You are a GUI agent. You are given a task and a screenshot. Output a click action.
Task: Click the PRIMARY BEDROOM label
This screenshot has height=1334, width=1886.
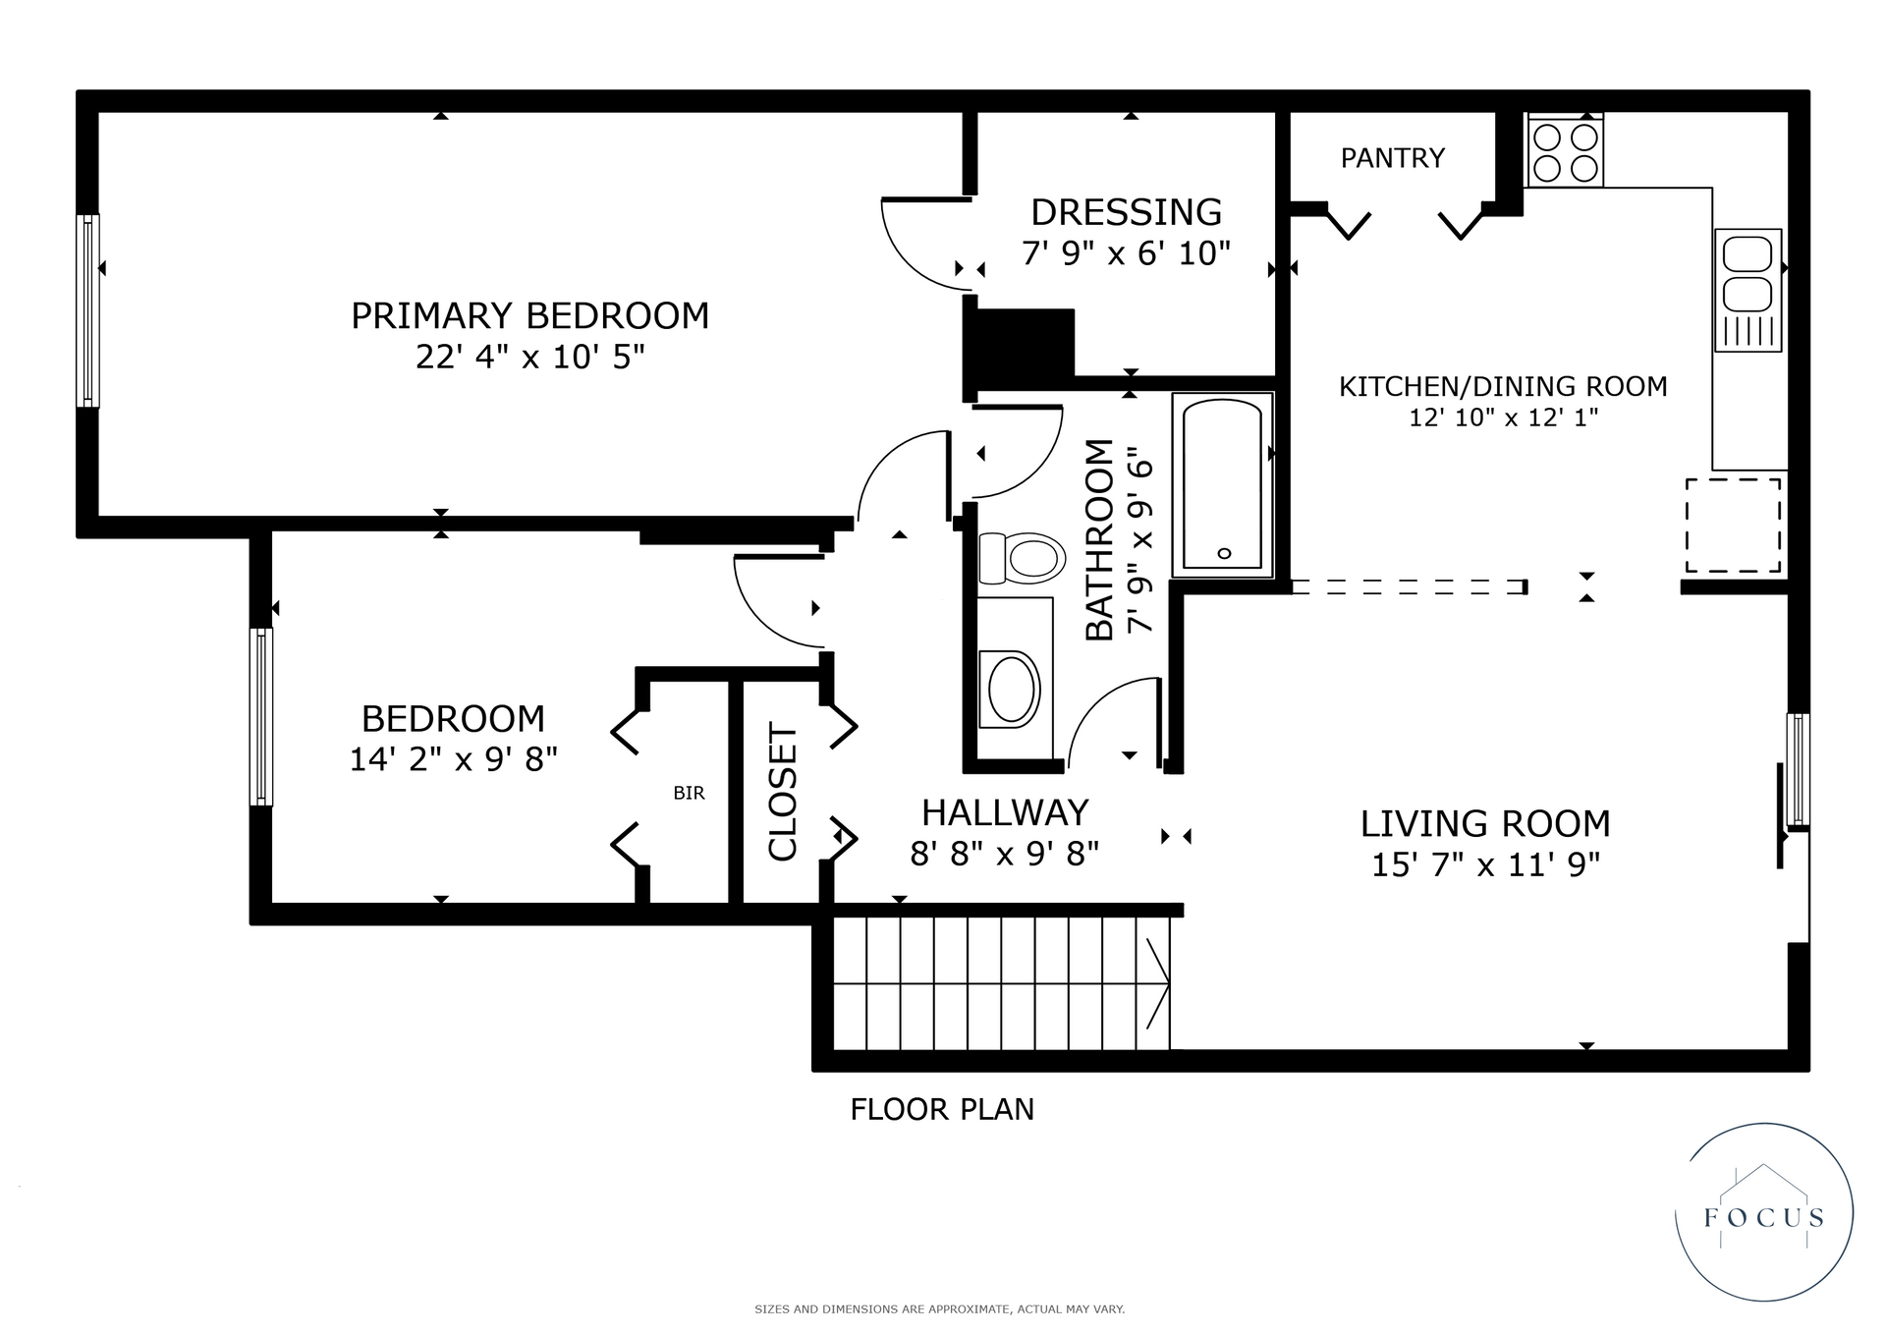tap(530, 316)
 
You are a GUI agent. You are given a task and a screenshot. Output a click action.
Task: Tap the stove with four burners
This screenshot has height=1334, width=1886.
tap(1565, 150)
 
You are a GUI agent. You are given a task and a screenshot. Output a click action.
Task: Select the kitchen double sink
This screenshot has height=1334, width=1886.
tap(1748, 290)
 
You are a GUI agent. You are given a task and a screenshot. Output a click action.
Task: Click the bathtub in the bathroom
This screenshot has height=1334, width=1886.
tap(1223, 484)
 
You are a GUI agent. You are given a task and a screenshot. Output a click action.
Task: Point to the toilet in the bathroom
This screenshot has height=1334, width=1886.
tap(1023, 558)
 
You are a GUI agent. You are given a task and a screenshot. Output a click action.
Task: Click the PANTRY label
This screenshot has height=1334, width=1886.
tap(1393, 158)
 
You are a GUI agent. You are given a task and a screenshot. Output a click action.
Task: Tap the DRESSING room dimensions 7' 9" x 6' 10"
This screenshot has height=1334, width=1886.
tap(1127, 253)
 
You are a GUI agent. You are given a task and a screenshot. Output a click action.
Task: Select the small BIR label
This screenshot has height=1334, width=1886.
tap(690, 793)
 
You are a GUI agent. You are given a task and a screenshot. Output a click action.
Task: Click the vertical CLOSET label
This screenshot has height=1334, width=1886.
tap(783, 792)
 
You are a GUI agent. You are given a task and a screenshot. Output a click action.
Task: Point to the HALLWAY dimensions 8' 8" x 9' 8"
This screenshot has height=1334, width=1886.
tap(1005, 855)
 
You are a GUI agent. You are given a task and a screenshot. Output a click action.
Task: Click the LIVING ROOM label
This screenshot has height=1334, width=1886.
tap(1485, 823)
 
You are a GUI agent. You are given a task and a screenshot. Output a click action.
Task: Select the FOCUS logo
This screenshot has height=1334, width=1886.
tap(1764, 1212)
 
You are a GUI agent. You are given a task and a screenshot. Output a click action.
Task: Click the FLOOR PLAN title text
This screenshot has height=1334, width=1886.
tap(942, 1109)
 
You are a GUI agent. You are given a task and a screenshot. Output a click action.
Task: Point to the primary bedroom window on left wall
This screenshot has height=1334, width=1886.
tap(88, 310)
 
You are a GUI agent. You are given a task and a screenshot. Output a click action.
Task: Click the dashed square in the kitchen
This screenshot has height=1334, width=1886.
tap(1734, 526)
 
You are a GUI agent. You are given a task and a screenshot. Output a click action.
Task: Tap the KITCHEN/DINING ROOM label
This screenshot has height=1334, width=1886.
tap(1504, 387)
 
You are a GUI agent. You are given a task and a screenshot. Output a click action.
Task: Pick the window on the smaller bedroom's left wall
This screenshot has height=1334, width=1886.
tap(261, 717)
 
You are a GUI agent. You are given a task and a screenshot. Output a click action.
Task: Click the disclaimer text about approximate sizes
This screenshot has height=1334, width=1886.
tap(940, 1309)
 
